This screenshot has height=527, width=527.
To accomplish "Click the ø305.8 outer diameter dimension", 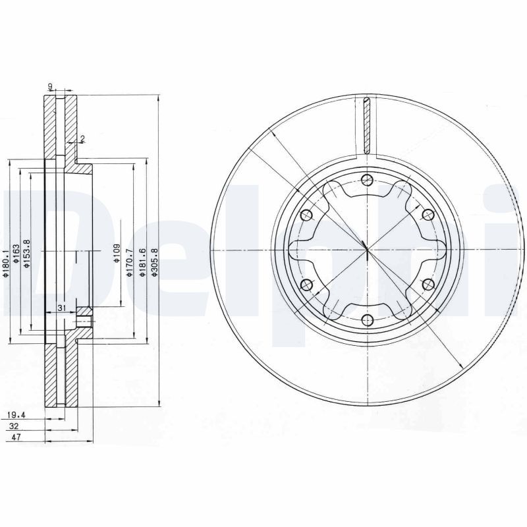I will click(x=154, y=262).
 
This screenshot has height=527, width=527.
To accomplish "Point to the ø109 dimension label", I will click(x=116, y=252).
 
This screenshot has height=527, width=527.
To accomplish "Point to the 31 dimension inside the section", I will click(x=61, y=308).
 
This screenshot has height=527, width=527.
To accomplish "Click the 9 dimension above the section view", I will click(x=50, y=86).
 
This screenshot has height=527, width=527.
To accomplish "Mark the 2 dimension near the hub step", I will click(x=82, y=138).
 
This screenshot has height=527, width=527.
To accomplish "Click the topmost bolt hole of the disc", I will click(x=367, y=181).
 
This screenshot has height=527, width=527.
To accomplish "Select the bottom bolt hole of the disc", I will click(x=367, y=321).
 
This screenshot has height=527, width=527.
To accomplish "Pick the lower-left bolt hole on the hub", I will click(x=306, y=285).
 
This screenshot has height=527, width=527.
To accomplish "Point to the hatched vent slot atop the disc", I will click(x=367, y=125).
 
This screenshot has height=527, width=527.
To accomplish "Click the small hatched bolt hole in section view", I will click(x=83, y=321).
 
